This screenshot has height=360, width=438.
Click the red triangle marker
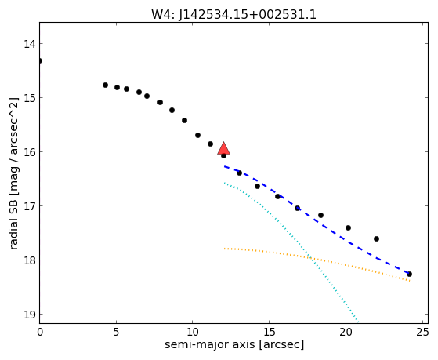pyautogui.click(x=224, y=148)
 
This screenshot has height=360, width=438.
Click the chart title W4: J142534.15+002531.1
pyautogui.click(x=233, y=14)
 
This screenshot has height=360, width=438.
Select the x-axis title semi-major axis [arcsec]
pyautogui.click(x=234, y=344)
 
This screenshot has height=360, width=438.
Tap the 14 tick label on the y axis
pyautogui.click(x=29, y=44)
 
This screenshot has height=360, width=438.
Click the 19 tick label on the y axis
pyautogui.click(x=29, y=315)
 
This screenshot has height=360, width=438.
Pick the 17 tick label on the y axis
pyautogui.click(x=29, y=206)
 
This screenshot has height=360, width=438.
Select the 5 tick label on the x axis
pyautogui.click(x=116, y=332)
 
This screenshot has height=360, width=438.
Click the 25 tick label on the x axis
pyautogui.click(x=422, y=332)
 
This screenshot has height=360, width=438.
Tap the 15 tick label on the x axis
pyautogui.click(x=269, y=332)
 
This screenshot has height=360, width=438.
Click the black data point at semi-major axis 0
pyautogui.click(x=40, y=60)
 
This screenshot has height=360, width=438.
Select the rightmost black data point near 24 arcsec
pyautogui.click(x=409, y=275)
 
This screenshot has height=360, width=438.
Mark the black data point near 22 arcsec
pyautogui.click(x=376, y=239)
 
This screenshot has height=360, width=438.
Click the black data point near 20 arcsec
pyautogui.click(x=348, y=228)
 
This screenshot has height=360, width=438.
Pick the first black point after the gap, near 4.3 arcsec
pyautogui.click(x=105, y=85)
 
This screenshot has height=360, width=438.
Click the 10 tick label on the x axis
pyautogui.click(x=193, y=332)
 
